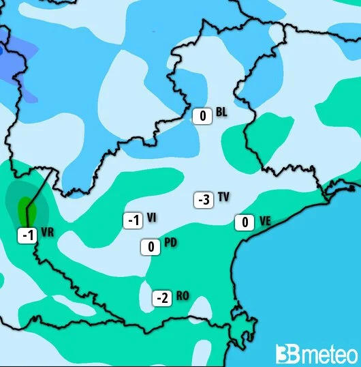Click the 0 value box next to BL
click(x=202, y=116)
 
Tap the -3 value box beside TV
click(x=203, y=200)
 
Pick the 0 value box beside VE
click(x=245, y=222)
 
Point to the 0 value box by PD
click(x=151, y=247)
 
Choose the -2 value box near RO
click(x=161, y=298)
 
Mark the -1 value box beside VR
click(x=27, y=235)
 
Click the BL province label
click(x=221, y=112)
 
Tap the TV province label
click(x=223, y=197)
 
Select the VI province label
click(x=152, y=218)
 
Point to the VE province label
click(x=265, y=220)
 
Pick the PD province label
click(x=171, y=244)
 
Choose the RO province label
click(x=183, y=296)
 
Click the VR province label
click(x=48, y=233)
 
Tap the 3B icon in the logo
click(x=285, y=354)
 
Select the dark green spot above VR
click(x=25, y=205)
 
